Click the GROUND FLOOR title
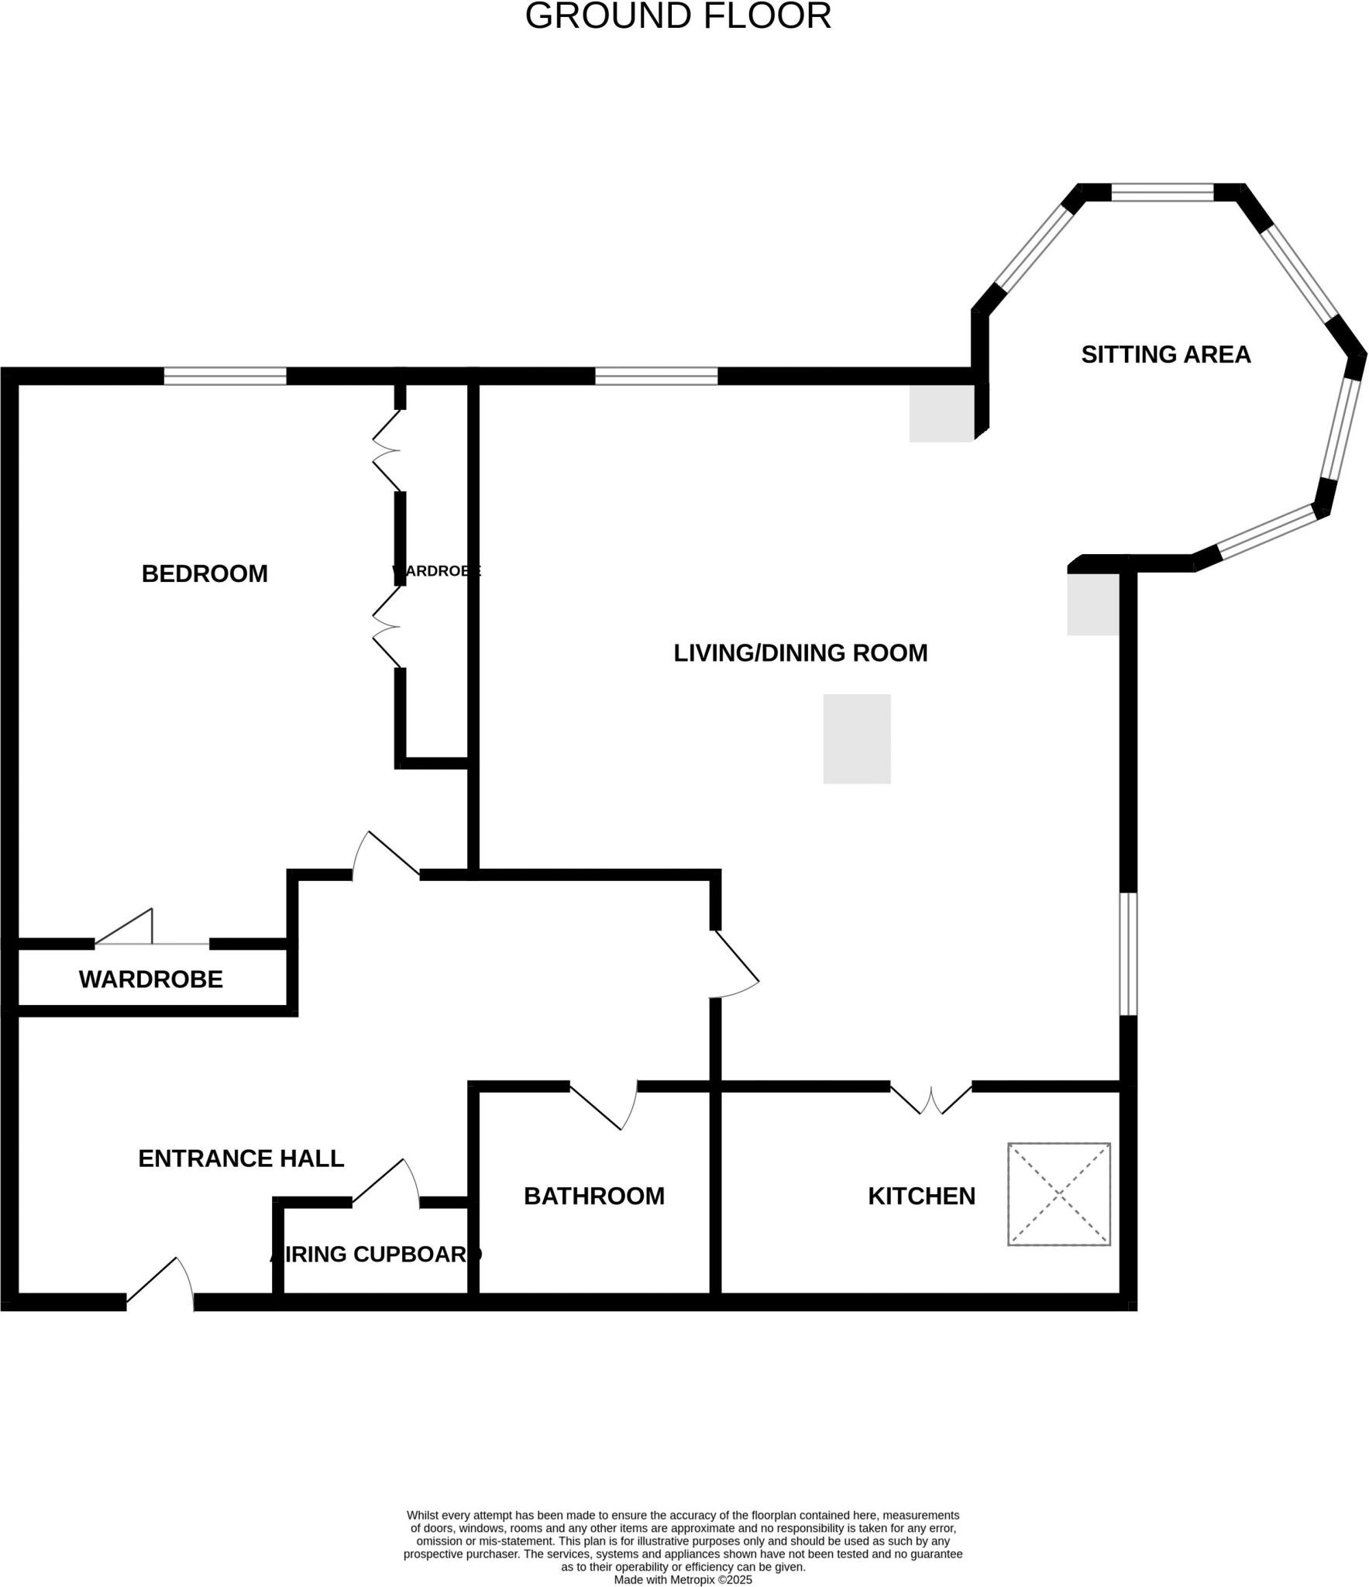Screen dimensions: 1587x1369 [x=678, y=16]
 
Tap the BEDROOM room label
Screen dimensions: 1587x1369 [x=205, y=574]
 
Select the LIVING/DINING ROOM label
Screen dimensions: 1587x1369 [x=800, y=653]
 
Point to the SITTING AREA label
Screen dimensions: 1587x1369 [x=1165, y=355]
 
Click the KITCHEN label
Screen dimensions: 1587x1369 [x=921, y=1196]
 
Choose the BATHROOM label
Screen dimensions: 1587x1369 [x=593, y=1196]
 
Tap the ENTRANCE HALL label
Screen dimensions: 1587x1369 [x=241, y=1158]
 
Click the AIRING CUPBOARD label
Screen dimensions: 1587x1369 [x=376, y=1255]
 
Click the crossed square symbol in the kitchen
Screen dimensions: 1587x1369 [x=1058, y=1194]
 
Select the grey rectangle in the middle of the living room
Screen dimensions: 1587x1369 [x=856, y=738]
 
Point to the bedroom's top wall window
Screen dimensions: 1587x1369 [x=225, y=377]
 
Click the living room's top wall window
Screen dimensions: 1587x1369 [x=656, y=377]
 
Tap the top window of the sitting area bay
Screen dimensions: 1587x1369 [x=1162, y=192]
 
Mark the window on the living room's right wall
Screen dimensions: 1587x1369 [x=1129, y=954]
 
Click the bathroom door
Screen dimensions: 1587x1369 [x=604, y=1105]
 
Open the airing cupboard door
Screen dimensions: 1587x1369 [x=386, y=1186]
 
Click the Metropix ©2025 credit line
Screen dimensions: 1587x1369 [x=683, y=1580]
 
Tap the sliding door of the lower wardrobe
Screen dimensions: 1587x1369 [x=152, y=935]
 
